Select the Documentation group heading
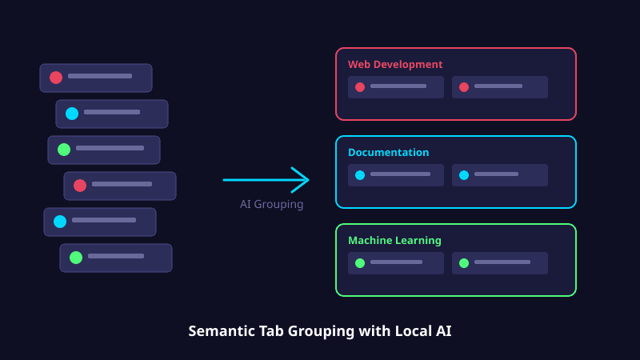pos(388,153)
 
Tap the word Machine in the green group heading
pos(369,241)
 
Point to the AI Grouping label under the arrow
pos(271,205)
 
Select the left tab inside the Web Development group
pos(396,87)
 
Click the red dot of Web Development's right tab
pos(464,87)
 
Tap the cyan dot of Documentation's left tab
pos(360,175)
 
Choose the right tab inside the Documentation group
pos(500,175)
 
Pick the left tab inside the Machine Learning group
pos(396,263)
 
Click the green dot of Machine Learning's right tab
pos(464,263)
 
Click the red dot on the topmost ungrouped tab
pos(56,78)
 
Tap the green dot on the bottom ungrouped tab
pos(76,258)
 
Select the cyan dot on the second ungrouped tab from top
pos(72,114)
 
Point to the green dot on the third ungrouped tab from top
pos(64,150)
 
